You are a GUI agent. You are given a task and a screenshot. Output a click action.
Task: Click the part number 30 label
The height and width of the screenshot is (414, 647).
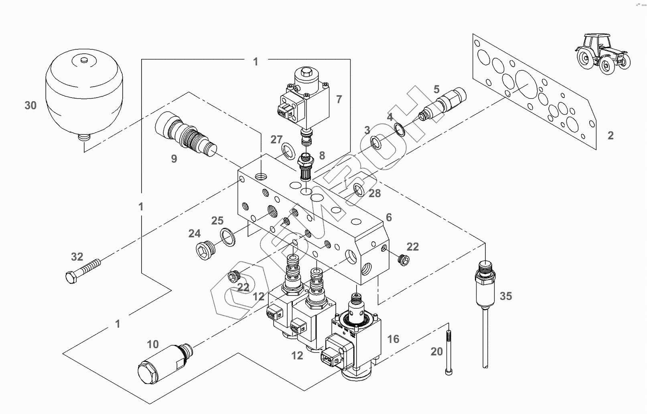pos(30,106)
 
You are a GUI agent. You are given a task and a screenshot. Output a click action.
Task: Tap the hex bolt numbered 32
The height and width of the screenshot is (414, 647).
pos(83,269)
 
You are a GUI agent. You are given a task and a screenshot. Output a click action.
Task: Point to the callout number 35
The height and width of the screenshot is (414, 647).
pos(506,296)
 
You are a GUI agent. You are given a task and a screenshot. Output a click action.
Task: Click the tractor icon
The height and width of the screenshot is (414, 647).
pos(602,54)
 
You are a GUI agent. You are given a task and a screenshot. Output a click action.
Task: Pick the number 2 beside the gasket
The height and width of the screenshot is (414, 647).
pos(610,136)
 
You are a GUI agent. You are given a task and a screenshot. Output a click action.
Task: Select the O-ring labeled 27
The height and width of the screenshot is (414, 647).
pos(288,151)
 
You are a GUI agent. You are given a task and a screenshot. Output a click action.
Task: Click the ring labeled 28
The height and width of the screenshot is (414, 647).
pos(359,190)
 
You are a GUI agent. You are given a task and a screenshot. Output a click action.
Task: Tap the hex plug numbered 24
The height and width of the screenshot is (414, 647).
pos(205,250)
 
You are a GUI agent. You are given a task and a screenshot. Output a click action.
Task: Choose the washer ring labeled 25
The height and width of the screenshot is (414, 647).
pos(227,237)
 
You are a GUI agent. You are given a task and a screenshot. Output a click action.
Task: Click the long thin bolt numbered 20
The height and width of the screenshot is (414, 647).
pos(448,353)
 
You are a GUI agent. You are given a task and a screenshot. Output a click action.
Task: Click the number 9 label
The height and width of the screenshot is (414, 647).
pos(174,159)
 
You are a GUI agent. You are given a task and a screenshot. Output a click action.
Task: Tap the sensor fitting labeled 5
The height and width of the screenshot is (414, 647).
pos(442,104)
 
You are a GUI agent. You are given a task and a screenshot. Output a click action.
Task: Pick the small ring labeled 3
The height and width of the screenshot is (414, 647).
pos(376,143)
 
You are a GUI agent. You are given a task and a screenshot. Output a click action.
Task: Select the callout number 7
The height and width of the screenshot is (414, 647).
pos(339,100)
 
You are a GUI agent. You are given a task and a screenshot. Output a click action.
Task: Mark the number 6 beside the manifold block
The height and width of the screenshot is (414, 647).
pos(389,217)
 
